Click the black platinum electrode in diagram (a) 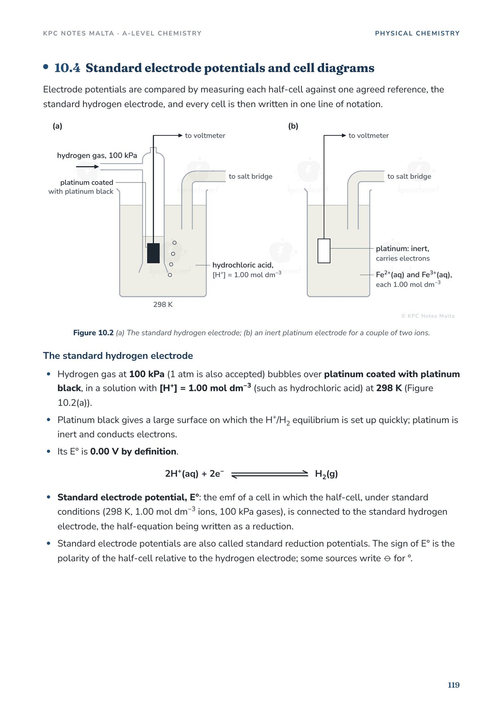pos(153,253)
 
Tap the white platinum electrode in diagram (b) pos(324,251)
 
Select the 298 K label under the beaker pos(163,304)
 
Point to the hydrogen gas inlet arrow pos(87,166)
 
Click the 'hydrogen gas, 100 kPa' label pos(97,156)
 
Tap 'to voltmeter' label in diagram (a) pos(205,135)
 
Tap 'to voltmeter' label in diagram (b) pos(368,135)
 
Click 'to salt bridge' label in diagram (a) pos(250,177)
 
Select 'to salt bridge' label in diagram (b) pos(409,177)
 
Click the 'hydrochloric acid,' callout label pos(243,265)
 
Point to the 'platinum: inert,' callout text pos(402,249)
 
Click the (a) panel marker pos(57,126)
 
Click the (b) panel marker pos(293,126)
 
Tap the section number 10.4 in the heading pos(67,68)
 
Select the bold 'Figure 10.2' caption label pos(93,333)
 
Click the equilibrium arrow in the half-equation pos(270,474)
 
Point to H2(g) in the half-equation pos(327,474)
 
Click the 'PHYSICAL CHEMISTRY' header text pos(417,34)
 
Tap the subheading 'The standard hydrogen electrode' pos(118,356)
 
